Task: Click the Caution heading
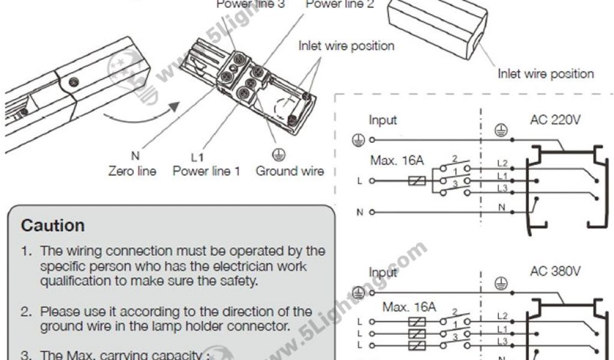(x=53, y=226)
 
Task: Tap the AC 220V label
(x=555, y=119)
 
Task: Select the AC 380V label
(x=555, y=271)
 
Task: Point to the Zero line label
(x=132, y=171)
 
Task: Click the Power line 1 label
(x=206, y=171)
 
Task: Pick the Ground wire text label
(x=290, y=171)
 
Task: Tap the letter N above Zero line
(x=135, y=156)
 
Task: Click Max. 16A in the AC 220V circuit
(x=397, y=160)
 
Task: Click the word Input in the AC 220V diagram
(x=383, y=120)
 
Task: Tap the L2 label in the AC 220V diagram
(x=502, y=163)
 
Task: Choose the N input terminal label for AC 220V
(x=360, y=212)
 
